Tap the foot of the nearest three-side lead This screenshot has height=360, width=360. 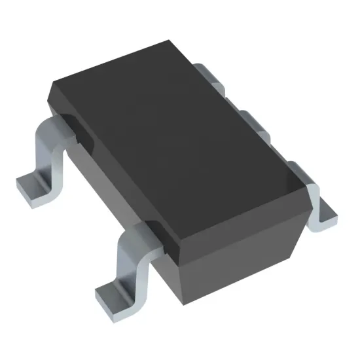(323, 213)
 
